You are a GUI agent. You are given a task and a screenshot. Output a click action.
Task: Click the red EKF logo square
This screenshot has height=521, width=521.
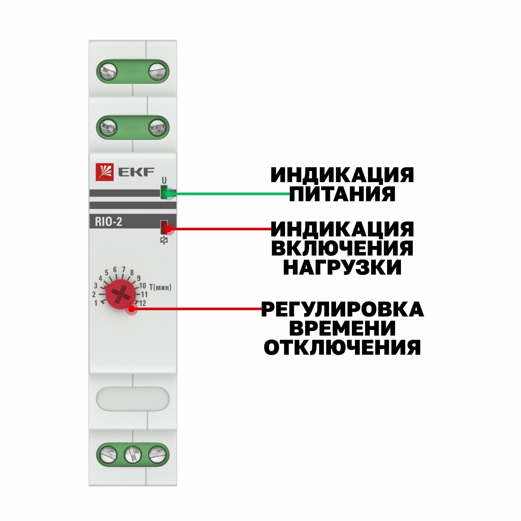[x=105, y=172]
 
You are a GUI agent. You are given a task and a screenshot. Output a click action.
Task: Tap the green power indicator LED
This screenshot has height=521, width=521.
[x=164, y=193]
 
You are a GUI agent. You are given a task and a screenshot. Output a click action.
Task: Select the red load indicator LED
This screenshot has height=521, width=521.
[x=164, y=227]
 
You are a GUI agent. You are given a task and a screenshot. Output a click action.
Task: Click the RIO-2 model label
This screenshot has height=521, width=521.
[x=108, y=222]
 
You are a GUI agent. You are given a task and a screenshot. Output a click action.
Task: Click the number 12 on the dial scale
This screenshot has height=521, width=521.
[x=143, y=303]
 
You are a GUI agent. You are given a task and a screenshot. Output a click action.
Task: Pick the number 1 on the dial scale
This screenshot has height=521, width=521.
[x=96, y=303]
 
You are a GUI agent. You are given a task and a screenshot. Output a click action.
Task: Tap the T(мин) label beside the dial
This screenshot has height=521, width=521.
[x=160, y=288]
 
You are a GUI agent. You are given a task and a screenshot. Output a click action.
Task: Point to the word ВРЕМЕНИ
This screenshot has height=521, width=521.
[x=342, y=328]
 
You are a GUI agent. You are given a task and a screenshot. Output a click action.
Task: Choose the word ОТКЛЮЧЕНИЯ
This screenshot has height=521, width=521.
[x=342, y=347]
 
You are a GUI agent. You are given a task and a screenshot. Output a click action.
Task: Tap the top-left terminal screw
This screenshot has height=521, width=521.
[x=108, y=72]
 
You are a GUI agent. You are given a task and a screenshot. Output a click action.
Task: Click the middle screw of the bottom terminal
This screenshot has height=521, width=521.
[x=133, y=454]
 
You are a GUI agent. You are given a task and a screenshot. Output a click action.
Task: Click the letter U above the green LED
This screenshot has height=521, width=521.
[x=164, y=180]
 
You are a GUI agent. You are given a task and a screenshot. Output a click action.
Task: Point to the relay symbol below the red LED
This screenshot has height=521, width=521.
[x=164, y=240]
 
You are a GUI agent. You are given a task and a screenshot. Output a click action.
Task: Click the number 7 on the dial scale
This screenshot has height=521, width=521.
[x=123, y=269]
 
